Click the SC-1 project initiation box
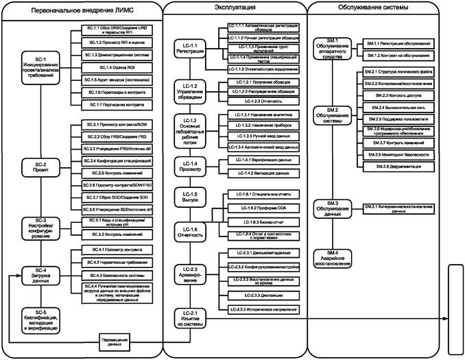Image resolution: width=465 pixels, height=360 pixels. pos(40,69)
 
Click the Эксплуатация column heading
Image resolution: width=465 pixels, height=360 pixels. pos(235,7)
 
